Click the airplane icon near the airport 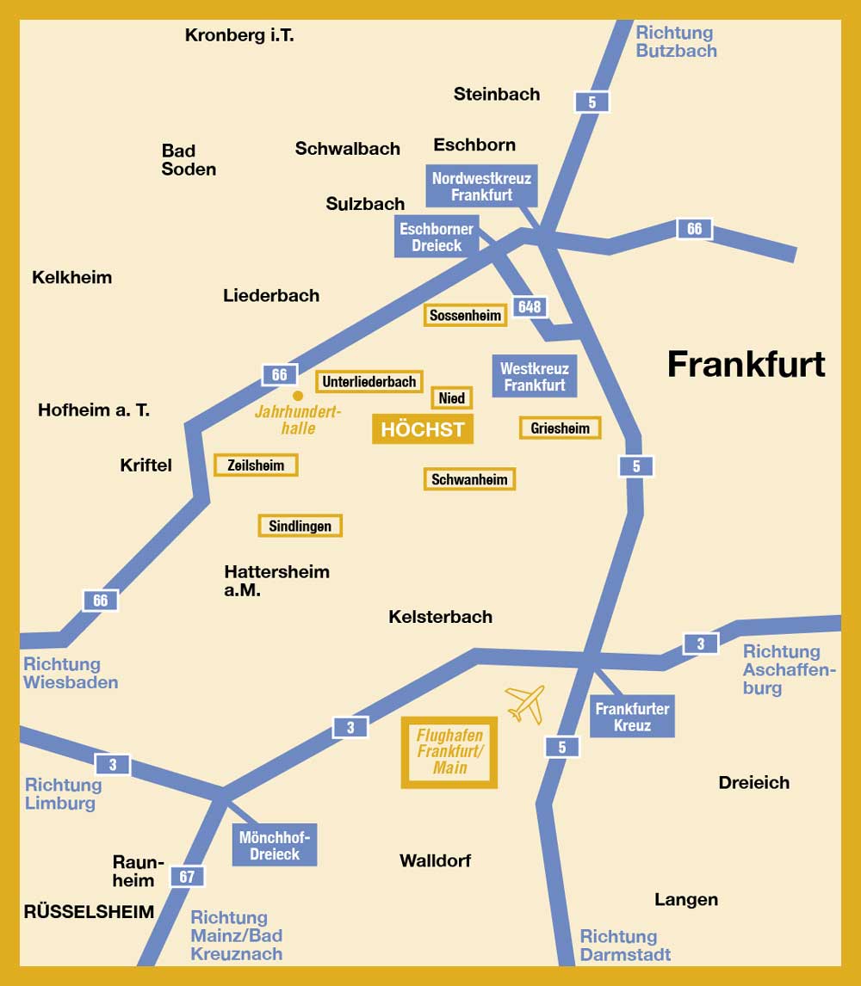(x=525, y=703)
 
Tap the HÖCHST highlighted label (x=423, y=429)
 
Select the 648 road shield (x=530, y=307)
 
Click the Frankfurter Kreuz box (x=632, y=716)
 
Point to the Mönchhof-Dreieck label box (x=275, y=844)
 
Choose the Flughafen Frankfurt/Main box (x=449, y=752)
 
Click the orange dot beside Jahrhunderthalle (x=298, y=396)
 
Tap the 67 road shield (x=187, y=877)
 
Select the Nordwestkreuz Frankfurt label (x=482, y=187)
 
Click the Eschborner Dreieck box (x=437, y=237)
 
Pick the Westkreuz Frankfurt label (x=535, y=377)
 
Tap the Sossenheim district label (x=466, y=316)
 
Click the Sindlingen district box (x=300, y=526)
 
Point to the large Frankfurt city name (x=746, y=364)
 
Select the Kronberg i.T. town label (x=239, y=36)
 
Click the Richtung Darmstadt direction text (x=624, y=945)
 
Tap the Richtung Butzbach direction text (x=676, y=41)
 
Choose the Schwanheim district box (x=469, y=479)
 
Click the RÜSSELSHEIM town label (x=89, y=911)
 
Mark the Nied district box (x=452, y=397)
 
